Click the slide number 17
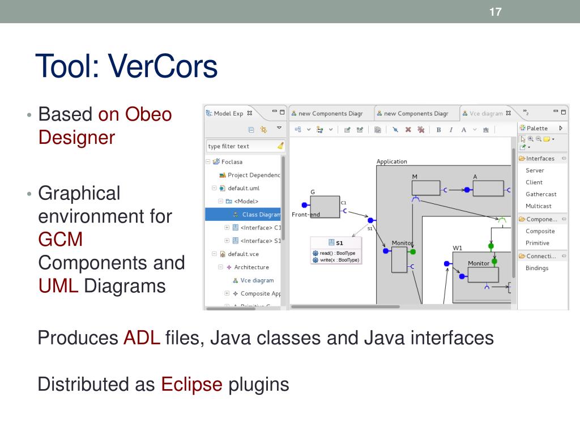[x=496, y=12]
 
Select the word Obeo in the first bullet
[x=148, y=114]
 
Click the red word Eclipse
[x=192, y=385]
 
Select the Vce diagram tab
[x=486, y=113]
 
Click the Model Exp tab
[x=228, y=113]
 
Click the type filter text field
[x=241, y=146]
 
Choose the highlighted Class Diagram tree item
[x=261, y=215]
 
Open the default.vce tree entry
[x=243, y=254]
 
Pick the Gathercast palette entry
[x=541, y=194]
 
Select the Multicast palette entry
[x=538, y=206]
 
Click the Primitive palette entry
[x=537, y=243]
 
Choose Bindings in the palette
[x=536, y=268]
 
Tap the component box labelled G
[x=325, y=206]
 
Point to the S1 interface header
[x=336, y=242]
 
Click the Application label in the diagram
[x=391, y=161]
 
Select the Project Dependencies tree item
[x=253, y=175]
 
